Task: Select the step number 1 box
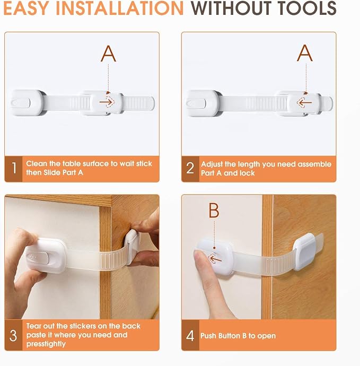click(x=14, y=169)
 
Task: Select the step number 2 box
click(x=190, y=169)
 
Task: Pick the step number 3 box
click(x=14, y=335)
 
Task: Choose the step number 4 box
click(x=190, y=335)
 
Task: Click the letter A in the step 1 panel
click(x=108, y=53)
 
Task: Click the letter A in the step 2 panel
click(x=304, y=53)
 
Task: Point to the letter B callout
click(x=214, y=211)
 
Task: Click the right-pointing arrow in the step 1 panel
click(x=109, y=101)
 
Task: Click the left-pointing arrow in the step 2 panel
click(x=304, y=101)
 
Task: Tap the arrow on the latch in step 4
click(x=214, y=258)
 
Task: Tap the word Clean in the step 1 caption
click(x=37, y=164)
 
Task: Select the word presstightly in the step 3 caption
click(x=46, y=344)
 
